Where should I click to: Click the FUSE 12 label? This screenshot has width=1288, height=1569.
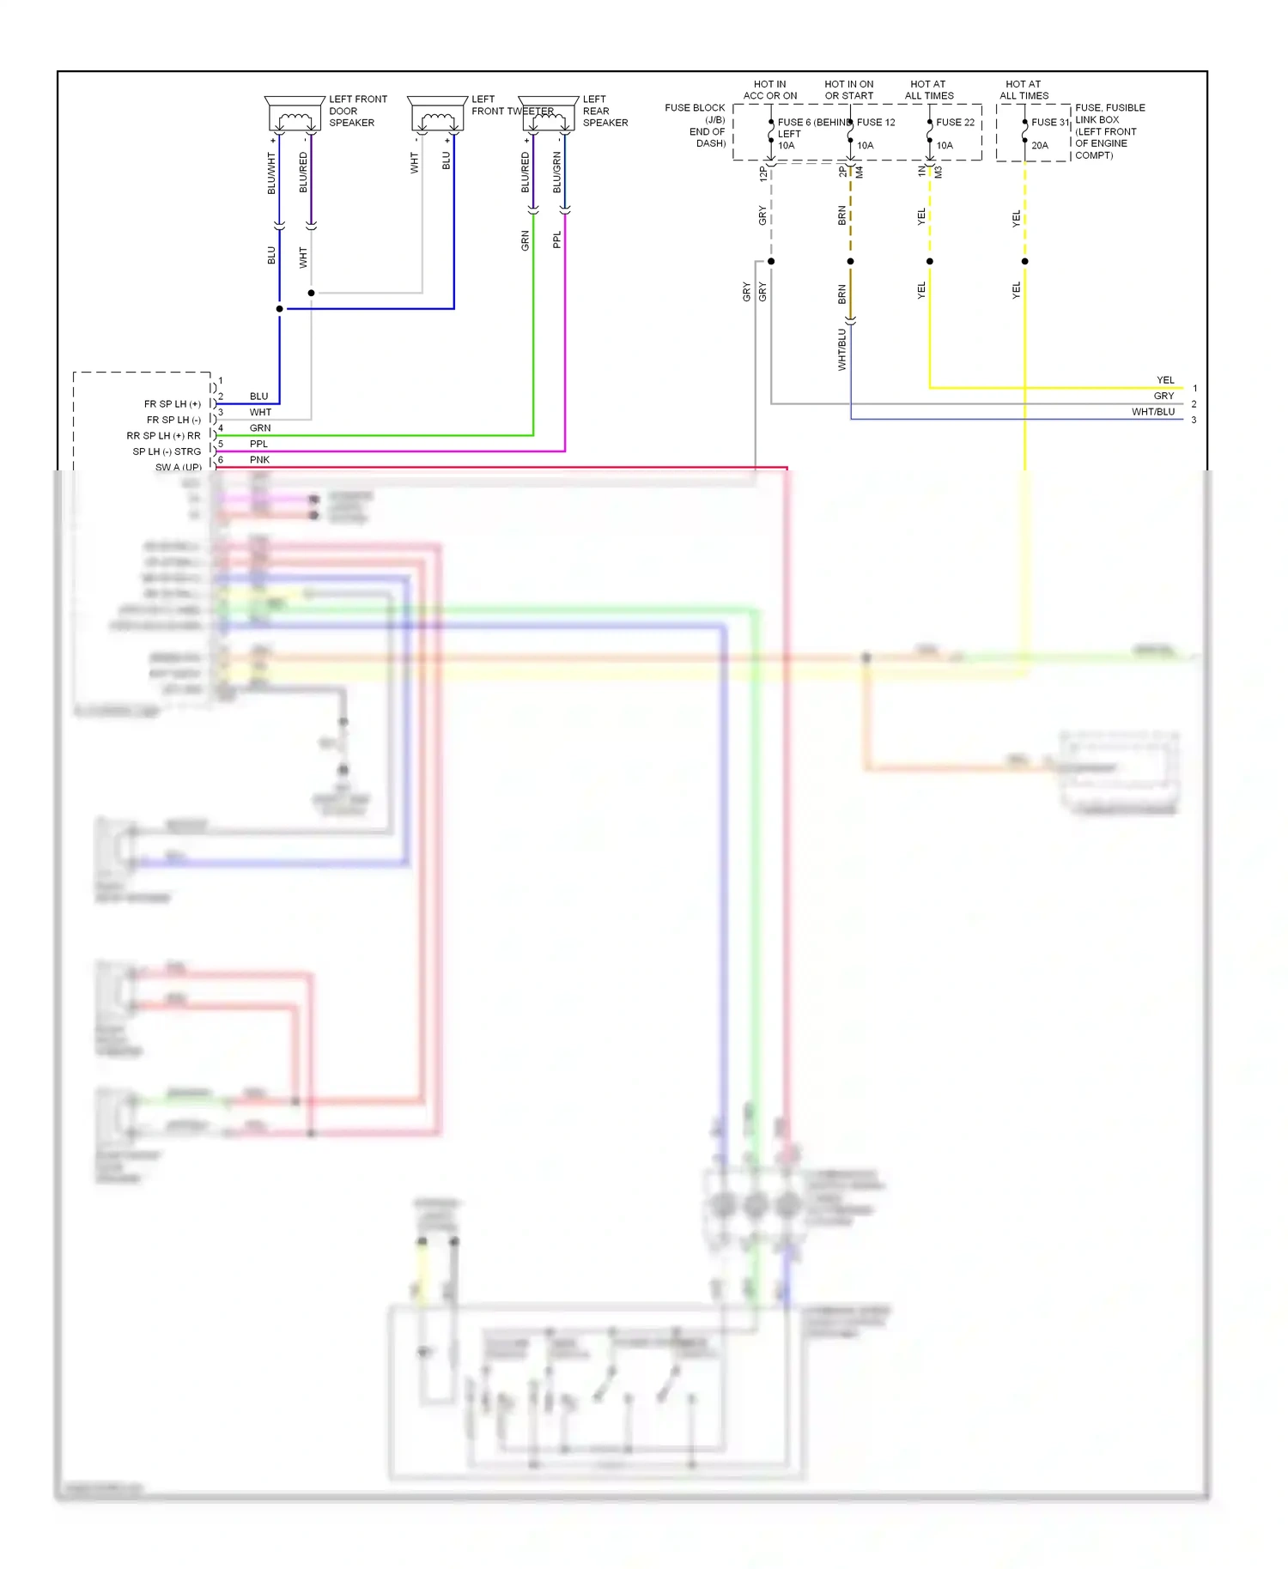coord(876,123)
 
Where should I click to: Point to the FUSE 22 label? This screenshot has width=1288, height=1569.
coord(955,123)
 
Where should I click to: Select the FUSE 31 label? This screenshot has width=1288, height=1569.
coord(1049,123)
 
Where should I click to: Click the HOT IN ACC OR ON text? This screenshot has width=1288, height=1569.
coord(770,90)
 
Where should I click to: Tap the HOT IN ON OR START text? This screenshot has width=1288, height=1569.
coord(849,90)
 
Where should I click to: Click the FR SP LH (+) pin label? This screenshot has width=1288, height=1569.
coord(173,403)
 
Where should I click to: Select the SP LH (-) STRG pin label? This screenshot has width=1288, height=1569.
coord(167,451)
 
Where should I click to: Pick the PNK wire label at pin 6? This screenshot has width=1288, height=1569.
coord(259,460)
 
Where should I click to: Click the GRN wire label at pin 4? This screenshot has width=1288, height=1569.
coord(260,428)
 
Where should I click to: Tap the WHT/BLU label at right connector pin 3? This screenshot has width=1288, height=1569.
coord(1152,412)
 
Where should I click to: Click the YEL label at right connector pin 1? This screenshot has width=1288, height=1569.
coord(1165,380)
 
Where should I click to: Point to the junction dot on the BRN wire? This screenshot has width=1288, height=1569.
coord(851,261)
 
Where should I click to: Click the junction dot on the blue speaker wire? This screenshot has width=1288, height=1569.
coord(280,309)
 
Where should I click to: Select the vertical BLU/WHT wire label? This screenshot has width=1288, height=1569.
coord(271,173)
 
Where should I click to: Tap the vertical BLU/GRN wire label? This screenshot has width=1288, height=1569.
coord(556,173)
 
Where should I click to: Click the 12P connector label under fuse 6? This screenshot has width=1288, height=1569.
coord(762,173)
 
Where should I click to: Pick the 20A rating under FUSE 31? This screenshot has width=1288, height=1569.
coord(1040,146)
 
